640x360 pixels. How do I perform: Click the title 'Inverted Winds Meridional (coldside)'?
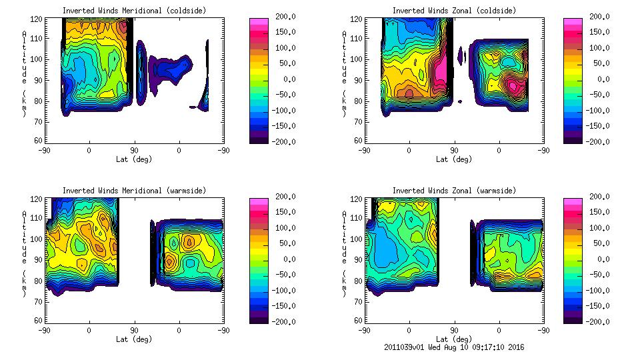pos(135,10)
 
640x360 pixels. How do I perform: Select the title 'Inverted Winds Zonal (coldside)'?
pos(454,10)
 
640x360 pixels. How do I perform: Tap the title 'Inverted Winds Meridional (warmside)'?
pos(135,190)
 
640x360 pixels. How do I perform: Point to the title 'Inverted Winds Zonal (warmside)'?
pos(454,190)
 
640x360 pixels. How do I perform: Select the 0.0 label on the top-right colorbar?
pos(603,79)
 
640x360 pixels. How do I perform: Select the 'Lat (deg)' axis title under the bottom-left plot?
pos(135,339)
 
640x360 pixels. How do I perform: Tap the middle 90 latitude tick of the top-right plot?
pos(454,151)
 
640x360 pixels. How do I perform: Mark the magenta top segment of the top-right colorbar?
pos(573,21)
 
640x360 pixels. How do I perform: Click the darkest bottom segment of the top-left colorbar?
pos(259,139)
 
